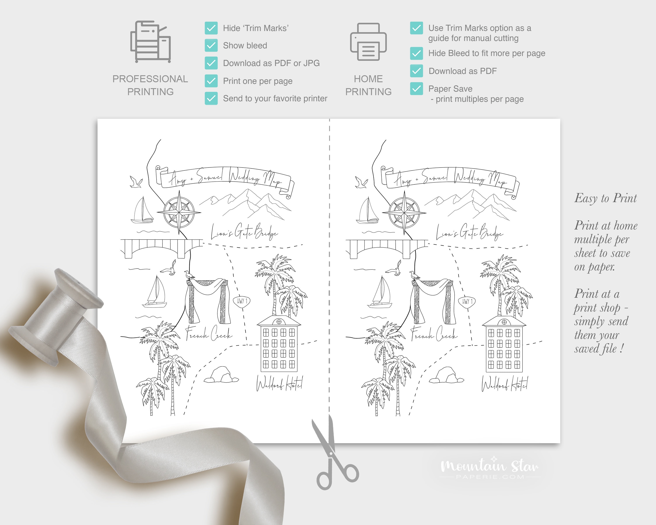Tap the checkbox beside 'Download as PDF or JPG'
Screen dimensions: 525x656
coord(211,63)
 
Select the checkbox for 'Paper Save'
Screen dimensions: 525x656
coord(416,89)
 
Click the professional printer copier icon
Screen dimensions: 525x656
coord(150,42)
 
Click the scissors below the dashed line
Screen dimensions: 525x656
coord(333,457)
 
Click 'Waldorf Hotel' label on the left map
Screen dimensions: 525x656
coord(279,384)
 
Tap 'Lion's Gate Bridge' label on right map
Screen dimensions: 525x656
coord(469,233)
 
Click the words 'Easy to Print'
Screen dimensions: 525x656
coord(605,198)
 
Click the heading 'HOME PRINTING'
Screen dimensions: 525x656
coord(368,85)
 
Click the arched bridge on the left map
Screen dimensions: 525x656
coord(161,248)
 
